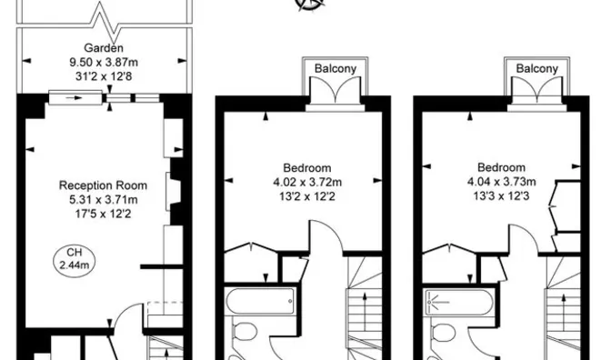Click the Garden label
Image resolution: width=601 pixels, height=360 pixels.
pos(104,48)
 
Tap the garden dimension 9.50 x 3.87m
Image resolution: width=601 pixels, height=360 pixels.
pos(104,62)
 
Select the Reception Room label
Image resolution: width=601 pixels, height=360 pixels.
pos(103,185)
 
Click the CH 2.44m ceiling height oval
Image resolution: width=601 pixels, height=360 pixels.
pos(74,258)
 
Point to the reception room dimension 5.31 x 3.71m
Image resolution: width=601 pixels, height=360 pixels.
pos(103,200)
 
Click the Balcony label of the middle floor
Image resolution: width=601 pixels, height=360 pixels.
pos(336,68)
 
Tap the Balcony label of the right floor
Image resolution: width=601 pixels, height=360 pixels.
pos(537,68)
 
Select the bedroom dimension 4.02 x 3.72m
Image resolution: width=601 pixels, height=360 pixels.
pos(307,182)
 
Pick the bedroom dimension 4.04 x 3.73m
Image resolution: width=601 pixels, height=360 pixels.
pos(501,182)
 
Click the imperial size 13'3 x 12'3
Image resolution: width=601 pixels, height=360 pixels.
pos(501,196)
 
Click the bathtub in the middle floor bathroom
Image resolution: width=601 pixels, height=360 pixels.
pos(260,301)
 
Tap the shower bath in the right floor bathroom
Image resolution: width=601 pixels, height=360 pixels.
pos(459,303)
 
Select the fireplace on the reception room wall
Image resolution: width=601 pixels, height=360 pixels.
pos(174,191)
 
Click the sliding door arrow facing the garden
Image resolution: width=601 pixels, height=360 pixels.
pos(74,98)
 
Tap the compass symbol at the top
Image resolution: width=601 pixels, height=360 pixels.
pos(311,5)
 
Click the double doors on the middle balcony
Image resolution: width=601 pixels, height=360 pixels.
pos(336,91)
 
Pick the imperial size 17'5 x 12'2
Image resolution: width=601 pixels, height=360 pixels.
pos(103,214)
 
